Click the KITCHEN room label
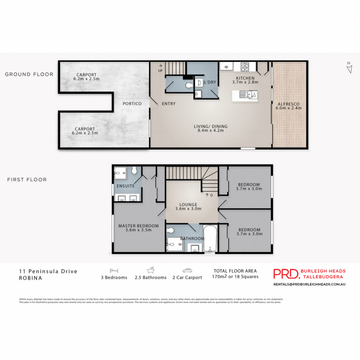click(245, 78)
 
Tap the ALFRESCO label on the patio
click(289, 104)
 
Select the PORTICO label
click(132, 103)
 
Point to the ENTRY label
click(169, 103)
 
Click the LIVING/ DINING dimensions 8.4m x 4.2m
click(211, 130)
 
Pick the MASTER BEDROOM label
click(138, 226)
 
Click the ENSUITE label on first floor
click(125, 186)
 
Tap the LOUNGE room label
click(188, 205)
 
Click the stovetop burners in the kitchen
click(245, 67)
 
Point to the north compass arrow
click(349, 68)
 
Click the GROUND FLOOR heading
click(29, 74)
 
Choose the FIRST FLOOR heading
click(27, 180)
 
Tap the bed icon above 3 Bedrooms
click(114, 271)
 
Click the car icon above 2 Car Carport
click(187, 271)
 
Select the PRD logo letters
click(286, 274)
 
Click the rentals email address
click(309, 284)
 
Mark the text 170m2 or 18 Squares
click(235, 277)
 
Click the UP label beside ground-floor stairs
click(160, 71)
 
